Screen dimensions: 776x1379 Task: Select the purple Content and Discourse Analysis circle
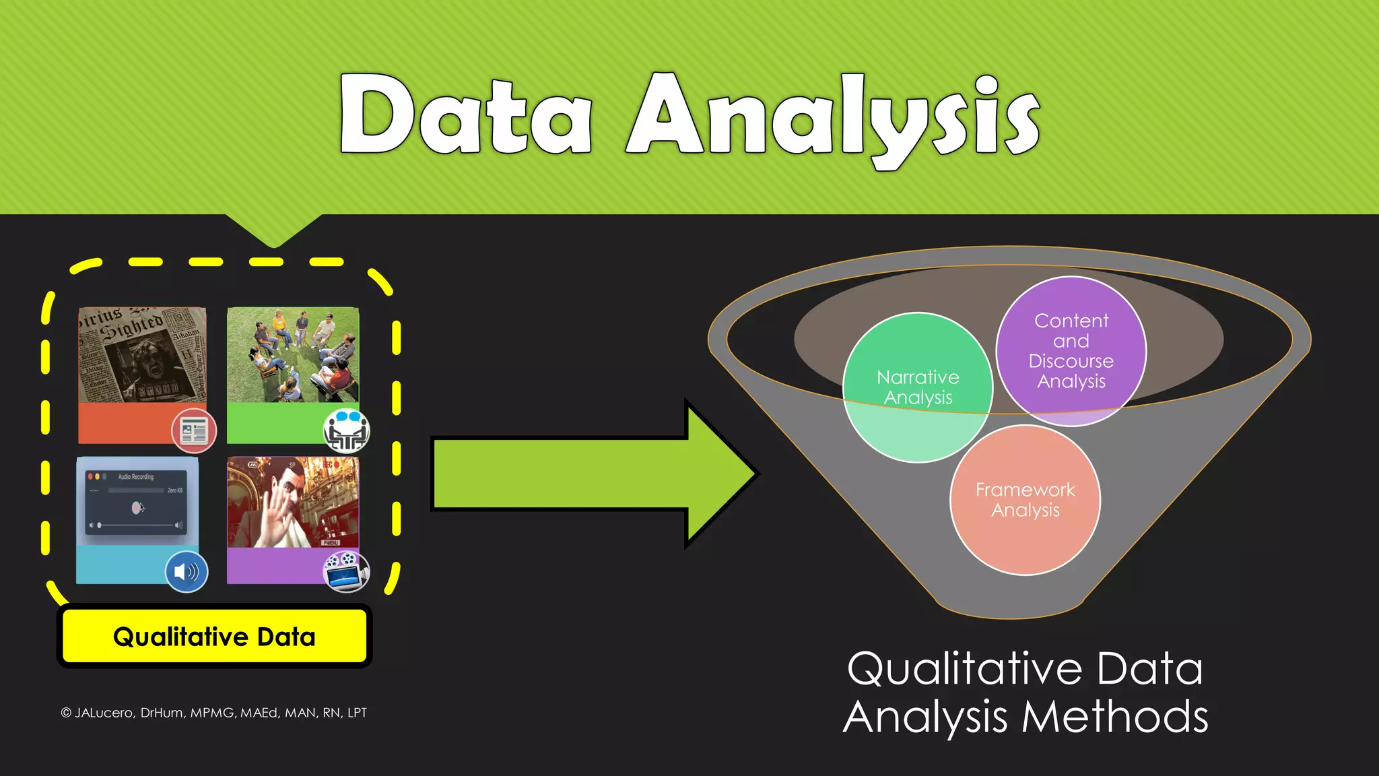point(1071,351)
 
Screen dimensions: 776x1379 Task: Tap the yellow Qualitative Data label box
point(214,637)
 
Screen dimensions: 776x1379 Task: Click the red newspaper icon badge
point(194,430)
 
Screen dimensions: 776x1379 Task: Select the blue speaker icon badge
point(187,572)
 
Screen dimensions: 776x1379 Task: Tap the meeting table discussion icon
point(346,431)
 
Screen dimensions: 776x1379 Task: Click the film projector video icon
point(346,572)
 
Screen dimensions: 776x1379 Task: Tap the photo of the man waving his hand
point(293,503)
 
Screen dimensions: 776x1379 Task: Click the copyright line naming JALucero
point(214,713)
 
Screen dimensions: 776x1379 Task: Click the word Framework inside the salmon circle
point(1025,490)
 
